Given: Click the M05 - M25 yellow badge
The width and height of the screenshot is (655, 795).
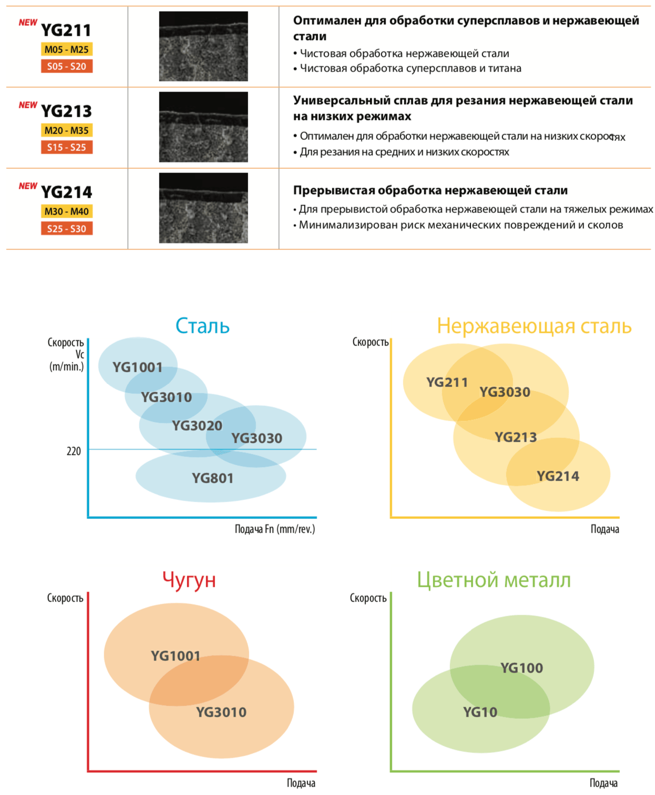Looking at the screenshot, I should (x=66, y=49).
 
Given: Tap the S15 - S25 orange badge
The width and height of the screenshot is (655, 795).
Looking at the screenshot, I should (x=66, y=147).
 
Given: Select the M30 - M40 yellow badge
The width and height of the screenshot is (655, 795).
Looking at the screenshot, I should (x=66, y=211).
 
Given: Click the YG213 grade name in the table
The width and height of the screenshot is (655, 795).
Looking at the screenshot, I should (x=66, y=111).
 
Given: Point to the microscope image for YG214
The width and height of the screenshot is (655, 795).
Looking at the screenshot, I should (x=203, y=208).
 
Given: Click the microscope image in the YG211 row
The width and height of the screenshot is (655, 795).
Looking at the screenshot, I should (x=203, y=46).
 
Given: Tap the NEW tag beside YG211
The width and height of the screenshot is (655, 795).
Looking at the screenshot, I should (x=28, y=23).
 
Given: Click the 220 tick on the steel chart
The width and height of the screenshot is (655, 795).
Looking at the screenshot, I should (x=74, y=451).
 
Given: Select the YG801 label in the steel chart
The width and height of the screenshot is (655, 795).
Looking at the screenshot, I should (x=212, y=478).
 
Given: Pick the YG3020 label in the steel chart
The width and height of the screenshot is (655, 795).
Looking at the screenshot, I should (x=197, y=425).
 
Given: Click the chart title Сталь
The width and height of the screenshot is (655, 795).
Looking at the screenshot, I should (x=202, y=326).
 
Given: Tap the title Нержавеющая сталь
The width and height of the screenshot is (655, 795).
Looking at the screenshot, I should (x=534, y=326).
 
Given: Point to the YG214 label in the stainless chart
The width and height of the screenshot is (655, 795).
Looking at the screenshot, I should (x=558, y=476).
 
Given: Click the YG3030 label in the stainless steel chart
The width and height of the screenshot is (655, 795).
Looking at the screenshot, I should (x=505, y=392).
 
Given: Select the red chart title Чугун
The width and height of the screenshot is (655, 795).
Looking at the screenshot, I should (x=189, y=580).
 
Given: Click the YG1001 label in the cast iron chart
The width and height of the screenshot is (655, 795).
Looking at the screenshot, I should (x=176, y=656).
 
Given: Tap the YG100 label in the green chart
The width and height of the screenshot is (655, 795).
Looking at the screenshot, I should (x=521, y=668).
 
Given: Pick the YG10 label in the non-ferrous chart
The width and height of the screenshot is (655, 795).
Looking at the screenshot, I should (x=480, y=712).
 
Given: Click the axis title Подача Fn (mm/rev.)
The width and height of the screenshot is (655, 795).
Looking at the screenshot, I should (x=275, y=529).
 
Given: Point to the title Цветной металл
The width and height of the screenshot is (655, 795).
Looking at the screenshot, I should (x=494, y=580).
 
